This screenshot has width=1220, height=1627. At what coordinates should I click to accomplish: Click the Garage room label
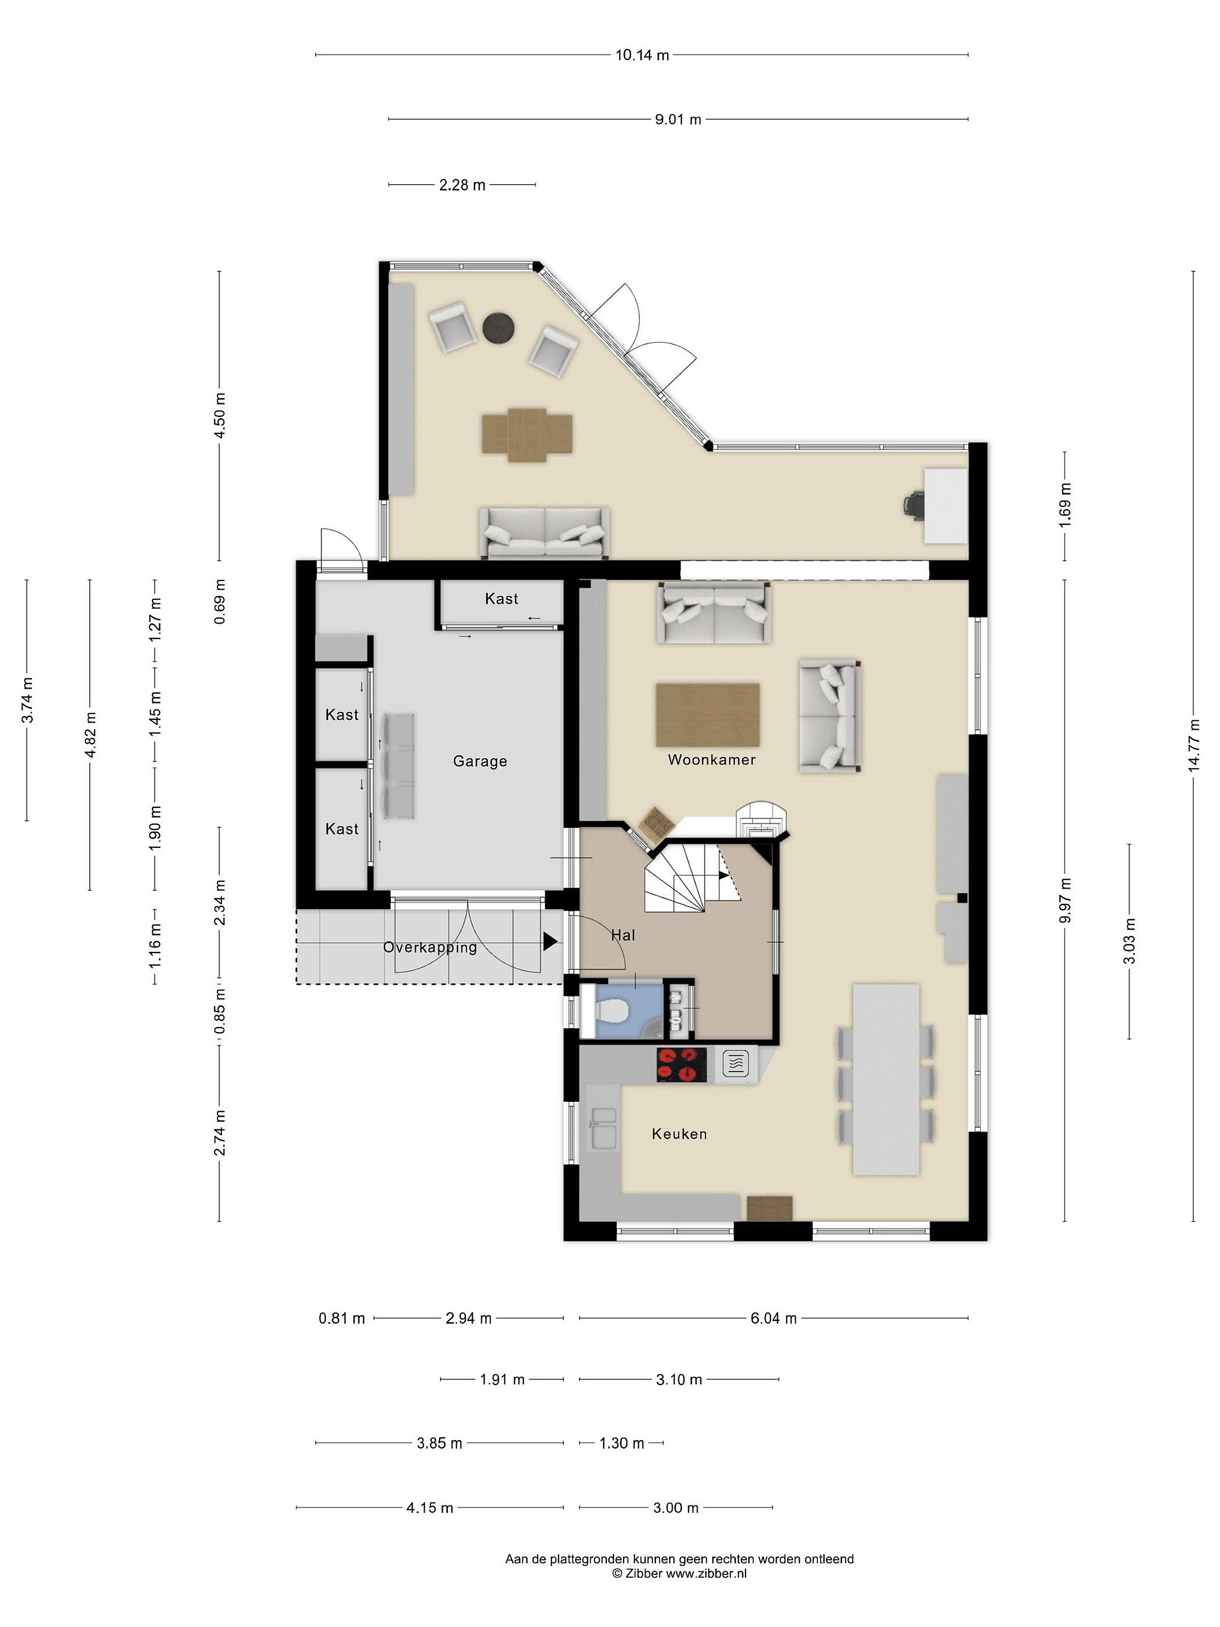pos(480,762)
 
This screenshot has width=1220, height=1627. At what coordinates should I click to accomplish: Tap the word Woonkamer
pos(711,760)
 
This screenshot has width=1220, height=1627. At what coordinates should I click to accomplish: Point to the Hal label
pos(623,935)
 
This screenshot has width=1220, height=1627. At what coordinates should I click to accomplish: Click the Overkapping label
pos(430,947)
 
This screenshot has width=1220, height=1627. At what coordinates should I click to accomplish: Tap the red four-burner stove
pos(682,1065)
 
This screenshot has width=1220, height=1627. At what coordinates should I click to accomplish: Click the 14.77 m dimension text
pos(1193,745)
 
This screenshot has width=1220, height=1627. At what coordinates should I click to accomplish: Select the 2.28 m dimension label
pos(463,185)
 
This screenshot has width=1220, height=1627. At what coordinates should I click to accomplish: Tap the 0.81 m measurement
pos(342,1318)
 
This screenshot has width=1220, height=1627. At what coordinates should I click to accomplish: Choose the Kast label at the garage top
pos(502,599)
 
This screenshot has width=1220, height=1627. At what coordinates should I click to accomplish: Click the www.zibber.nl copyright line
pos(679,1573)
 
